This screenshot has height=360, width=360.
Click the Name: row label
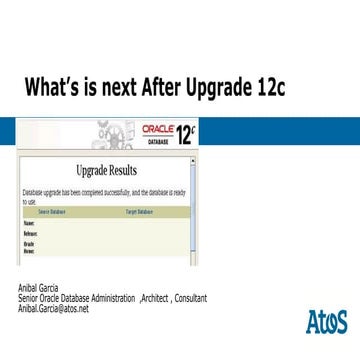pyautogui.click(x=29, y=223)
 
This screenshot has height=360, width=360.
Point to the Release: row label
pyautogui.click(x=31, y=232)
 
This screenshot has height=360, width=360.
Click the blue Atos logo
pyautogui.click(x=325, y=321)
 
